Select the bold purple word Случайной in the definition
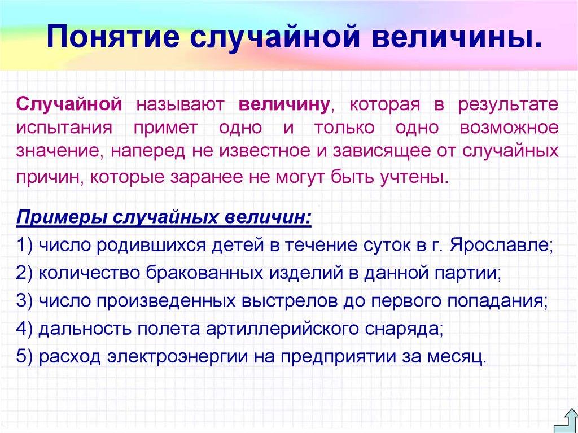(x=69, y=104)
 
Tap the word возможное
(x=509, y=128)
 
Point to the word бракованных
(x=207, y=274)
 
